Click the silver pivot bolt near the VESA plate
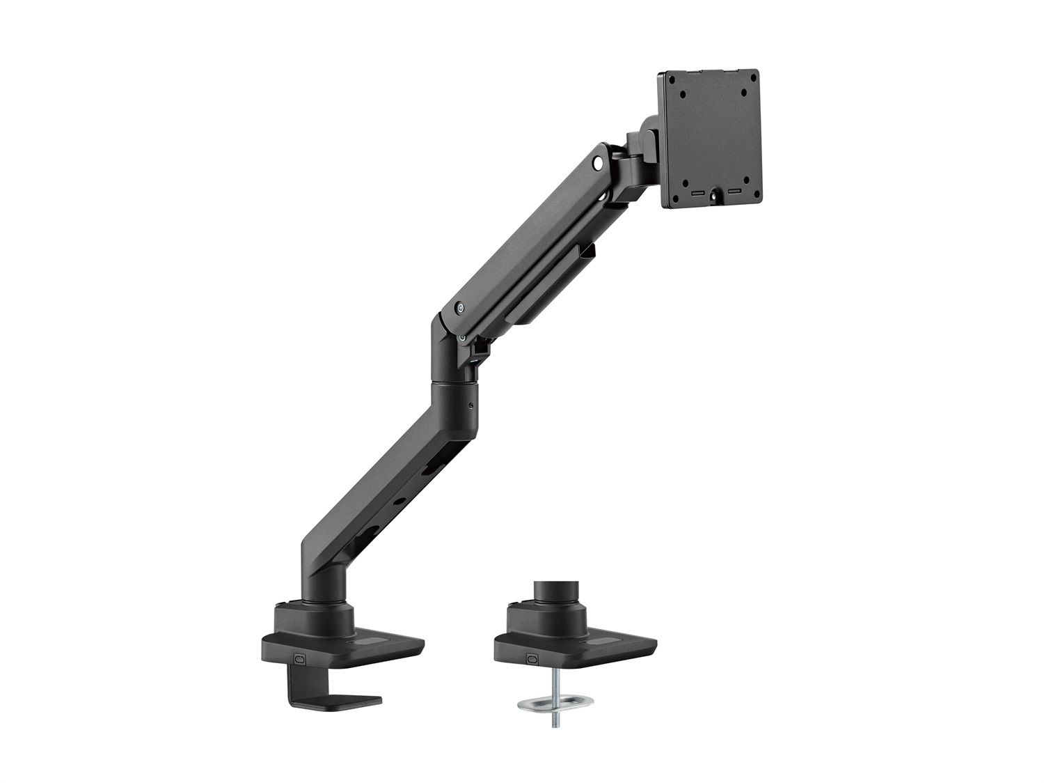[x=596, y=164]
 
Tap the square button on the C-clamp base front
[x=300, y=657]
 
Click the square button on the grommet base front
[x=532, y=657]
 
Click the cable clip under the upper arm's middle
[x=589, y=252]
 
